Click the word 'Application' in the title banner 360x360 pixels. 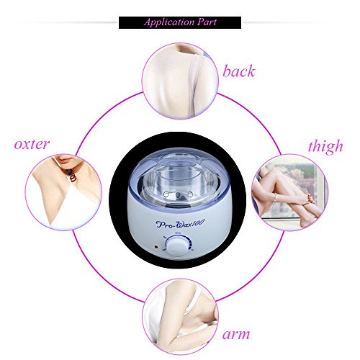tap(169, 22)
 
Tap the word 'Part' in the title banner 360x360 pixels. tap(207, 22)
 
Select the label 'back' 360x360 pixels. tap(238, 71)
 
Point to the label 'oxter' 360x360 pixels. tap(32, 144)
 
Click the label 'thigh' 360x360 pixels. tap(325, 146)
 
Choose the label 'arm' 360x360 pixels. tap(236, 334)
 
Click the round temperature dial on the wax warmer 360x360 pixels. tap(178, 246)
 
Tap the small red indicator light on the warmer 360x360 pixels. tap(156, 247)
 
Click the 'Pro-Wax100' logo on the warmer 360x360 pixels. tap(180, 224)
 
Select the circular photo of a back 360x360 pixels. tap(180, 81)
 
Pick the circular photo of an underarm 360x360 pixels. tap(63, 192)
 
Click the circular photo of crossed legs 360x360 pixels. tap(290, 192)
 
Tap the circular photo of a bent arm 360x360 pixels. tap(180, 317)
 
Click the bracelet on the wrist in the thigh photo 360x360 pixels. tap(275, 197)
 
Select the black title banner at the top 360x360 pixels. tap(180, 22)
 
